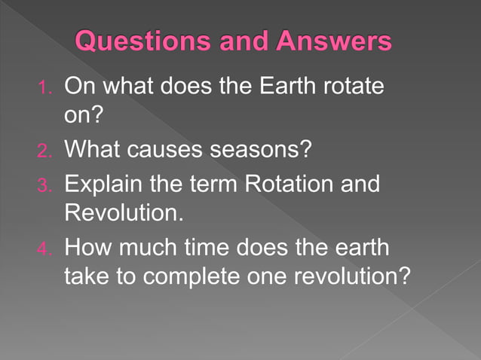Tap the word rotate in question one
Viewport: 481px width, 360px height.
pos(349,87)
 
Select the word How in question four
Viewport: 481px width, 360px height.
pos(84,246)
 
